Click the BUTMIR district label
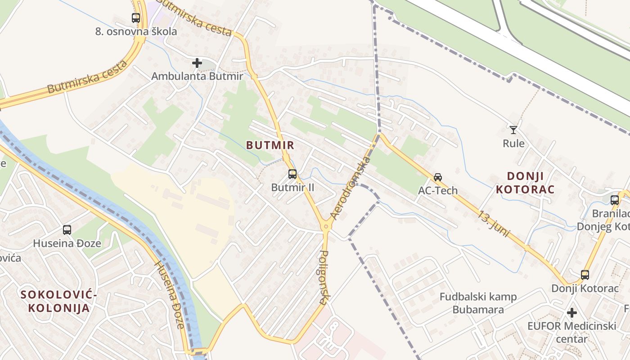270,145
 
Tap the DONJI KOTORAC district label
525,182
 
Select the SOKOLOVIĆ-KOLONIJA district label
58,301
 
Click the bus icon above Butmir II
292,174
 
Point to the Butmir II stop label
292,187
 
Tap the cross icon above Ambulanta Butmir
197,63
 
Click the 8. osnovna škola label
136,31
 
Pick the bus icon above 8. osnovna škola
136,18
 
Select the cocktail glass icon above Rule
513,130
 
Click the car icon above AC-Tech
438,177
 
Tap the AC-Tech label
438,190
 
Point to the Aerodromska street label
351,188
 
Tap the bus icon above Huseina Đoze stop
67,230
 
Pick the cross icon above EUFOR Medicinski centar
572,312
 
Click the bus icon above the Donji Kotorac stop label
585,274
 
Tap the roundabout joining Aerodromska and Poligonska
326,226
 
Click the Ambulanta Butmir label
197,76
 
